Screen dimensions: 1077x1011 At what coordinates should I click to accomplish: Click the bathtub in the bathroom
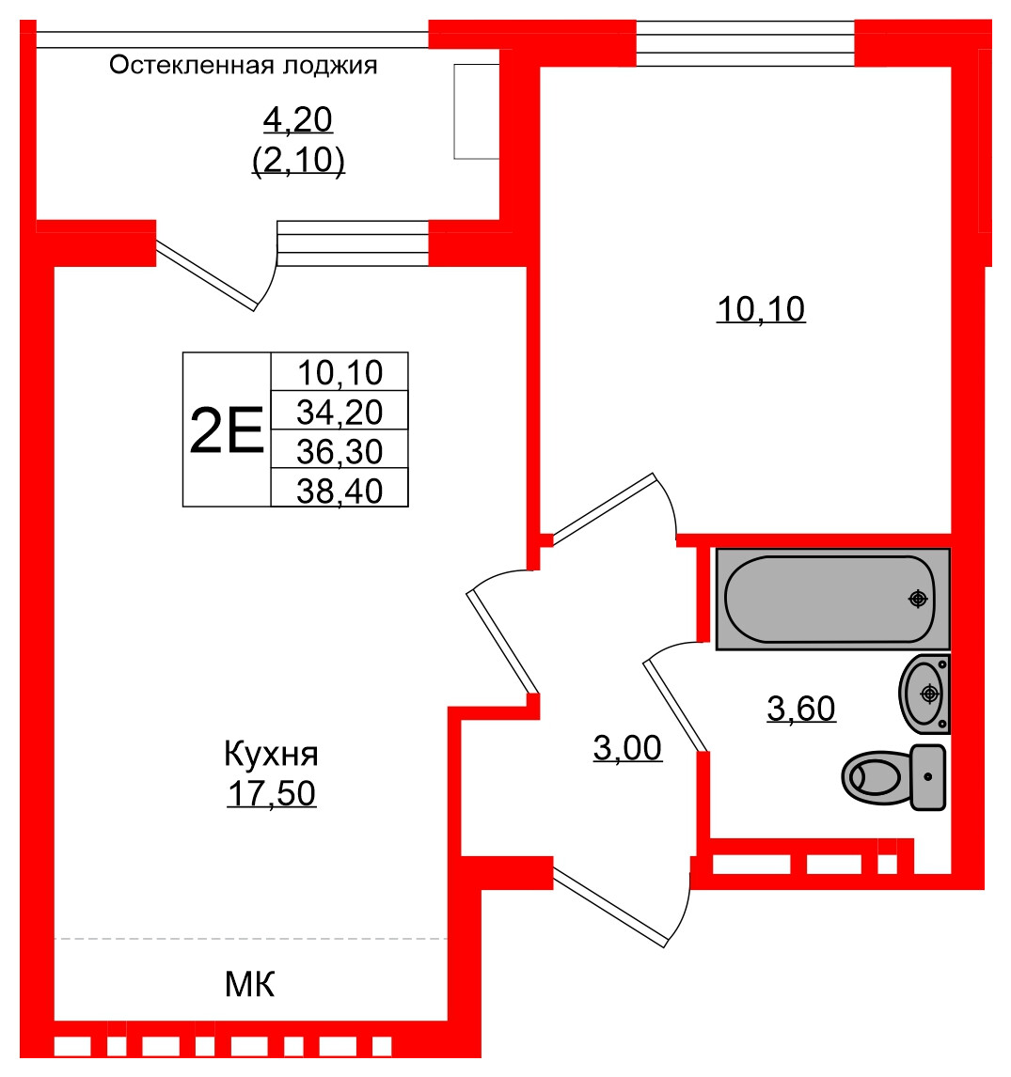pyautogui.click(x=831, y=599)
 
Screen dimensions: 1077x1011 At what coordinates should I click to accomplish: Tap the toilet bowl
pyautogui.click(x=876, y=776)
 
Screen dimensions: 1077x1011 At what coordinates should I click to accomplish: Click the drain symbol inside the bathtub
pyautogui.click(x=918, y=599)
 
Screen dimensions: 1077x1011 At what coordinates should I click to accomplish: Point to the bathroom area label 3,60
pyautogui.click(x=801, y=709)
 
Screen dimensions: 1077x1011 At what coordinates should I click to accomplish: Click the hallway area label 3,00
pyautogui.click(x=627, y=748)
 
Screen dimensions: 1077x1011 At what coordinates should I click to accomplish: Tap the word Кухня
pyautogui.click(x=271, y=754)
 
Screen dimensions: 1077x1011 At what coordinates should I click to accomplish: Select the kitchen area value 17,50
pyautogui.click(x=271, y=793)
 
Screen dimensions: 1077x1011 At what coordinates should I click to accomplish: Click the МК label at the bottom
pyautogui.click(x=249, y=985)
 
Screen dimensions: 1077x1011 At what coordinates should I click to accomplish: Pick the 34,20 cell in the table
pyautogui.click(x=340, y=411)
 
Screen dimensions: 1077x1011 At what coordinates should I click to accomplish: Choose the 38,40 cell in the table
pyautogui.click(x=340, y=490)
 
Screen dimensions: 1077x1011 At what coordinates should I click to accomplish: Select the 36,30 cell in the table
pyautogui.click(x=340, y=451)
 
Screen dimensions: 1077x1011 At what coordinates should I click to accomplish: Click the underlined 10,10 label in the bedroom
pyautogui.click(x=761, y=308)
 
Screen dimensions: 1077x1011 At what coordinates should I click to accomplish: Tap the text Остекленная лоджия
pyautogui.click(x=244, y=65)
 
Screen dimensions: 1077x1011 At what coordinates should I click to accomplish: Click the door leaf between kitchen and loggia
pyautogui.click(x=206, y=275)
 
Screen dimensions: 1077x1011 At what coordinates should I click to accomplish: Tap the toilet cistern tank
pyautogui.click(x=928, y=776)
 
